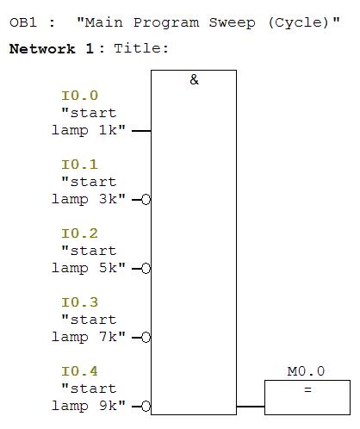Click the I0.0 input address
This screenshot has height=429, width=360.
(80, 96)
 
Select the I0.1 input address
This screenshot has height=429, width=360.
(80, 165)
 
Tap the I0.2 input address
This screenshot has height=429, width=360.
(80, 233)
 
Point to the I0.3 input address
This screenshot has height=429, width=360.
(80, 302)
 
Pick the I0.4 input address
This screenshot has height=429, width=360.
(80, 371)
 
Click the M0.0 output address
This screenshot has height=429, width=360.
(306, 371)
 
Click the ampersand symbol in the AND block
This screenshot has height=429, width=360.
(194, 79)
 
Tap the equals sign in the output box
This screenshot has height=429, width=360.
(307, 389)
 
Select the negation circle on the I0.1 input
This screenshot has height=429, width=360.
(146, 200)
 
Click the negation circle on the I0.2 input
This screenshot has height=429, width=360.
(146, 269)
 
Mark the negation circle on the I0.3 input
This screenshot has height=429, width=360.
(146, 338)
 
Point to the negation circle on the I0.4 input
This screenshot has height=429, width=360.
(146, 407)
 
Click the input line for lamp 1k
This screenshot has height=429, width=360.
(141, 131)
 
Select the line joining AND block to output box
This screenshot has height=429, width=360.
(251, 407)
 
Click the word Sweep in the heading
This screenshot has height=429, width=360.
(232, 22)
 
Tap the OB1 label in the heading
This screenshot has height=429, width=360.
(23, 22)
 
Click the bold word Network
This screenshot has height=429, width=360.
(42, 49)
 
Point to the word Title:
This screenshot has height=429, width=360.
(141, 48)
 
